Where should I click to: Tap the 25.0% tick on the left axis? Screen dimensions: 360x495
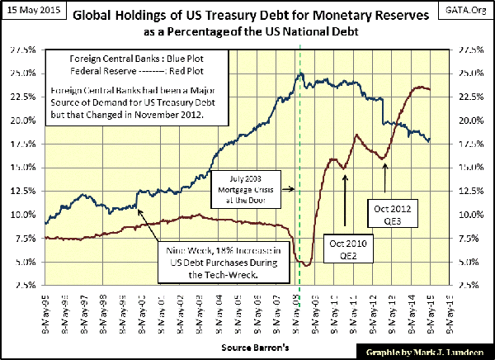24,73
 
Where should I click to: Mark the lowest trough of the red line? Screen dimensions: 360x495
305,265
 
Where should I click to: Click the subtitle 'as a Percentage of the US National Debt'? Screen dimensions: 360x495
247,30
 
